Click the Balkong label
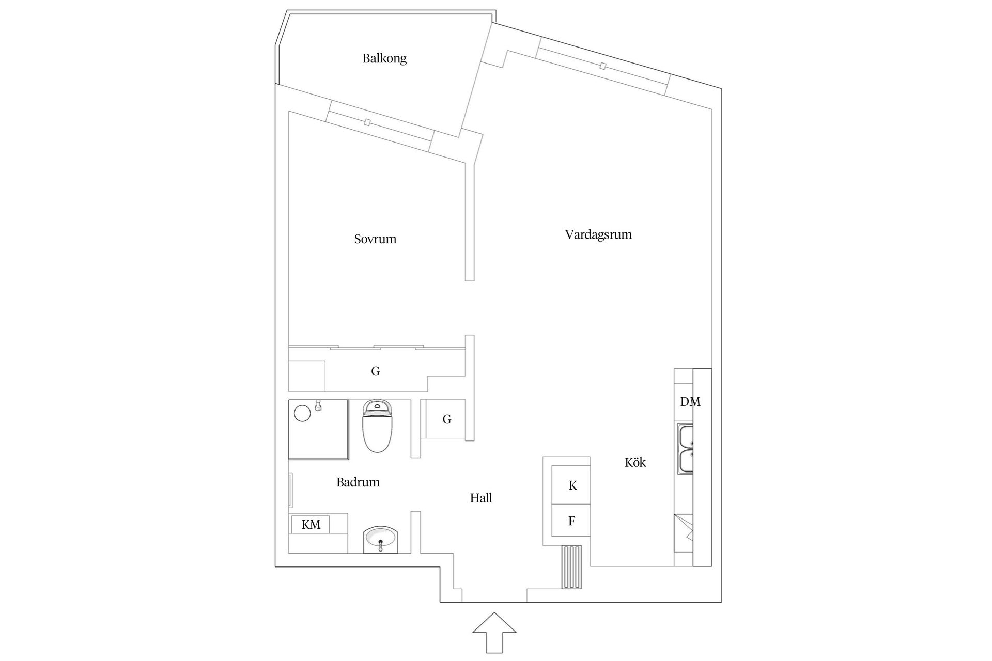point(384,58)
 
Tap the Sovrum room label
point(375,239)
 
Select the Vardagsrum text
point(598,235)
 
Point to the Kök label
point(635,463)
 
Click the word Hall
point(481,498)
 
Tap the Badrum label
point(358,482)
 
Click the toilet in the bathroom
point(378,427)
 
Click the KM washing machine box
point(311,525)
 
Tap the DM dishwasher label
point(690,402)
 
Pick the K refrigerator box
point(572,485)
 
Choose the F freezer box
point(571,521)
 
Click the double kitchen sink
point(686,449)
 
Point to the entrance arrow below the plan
point(494,633)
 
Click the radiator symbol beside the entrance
point(572,567)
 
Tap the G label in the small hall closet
point(447,419)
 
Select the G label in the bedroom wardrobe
point(376,371)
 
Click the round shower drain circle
point(302,413)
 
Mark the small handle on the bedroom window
point(367,122)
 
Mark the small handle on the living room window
point(602,66)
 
